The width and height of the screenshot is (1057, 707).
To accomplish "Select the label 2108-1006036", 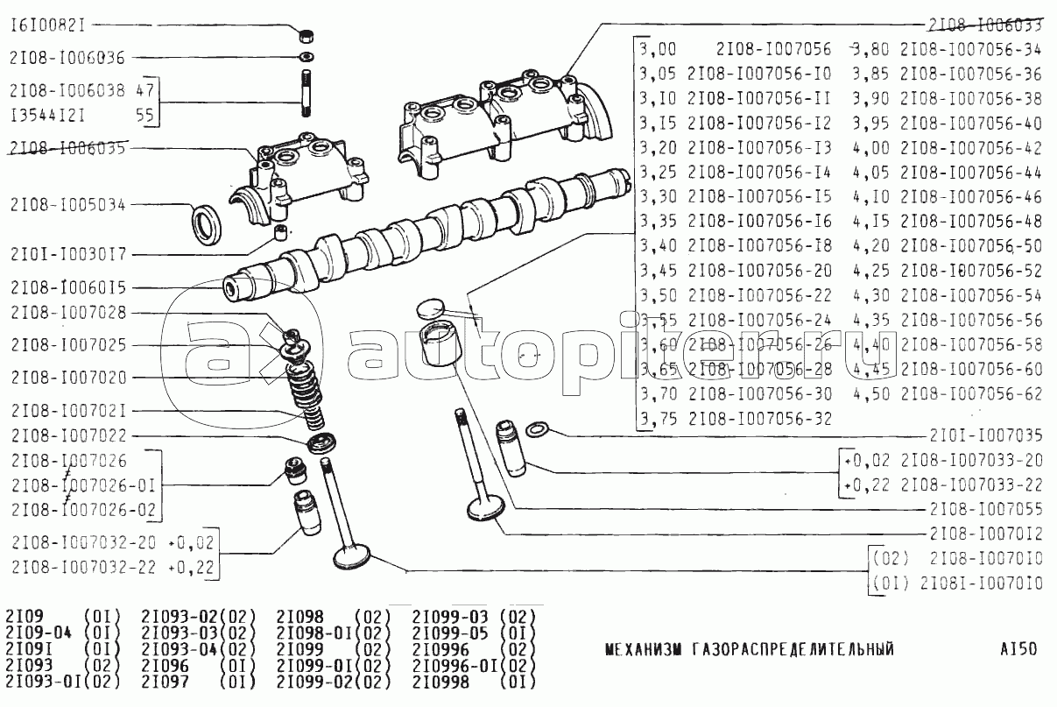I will pyautogui.click(x=67, y=58).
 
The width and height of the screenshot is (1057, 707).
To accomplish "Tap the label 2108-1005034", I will pyautogui.click(x=67, y=204).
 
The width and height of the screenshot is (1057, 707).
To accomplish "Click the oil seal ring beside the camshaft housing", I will pyautogui.click(x=208, y=224).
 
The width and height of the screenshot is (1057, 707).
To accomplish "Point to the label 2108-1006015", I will pyautogui.click(x=67, y=287).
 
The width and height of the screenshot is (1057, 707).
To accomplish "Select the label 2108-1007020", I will pyautogui.click(x=67, y=378).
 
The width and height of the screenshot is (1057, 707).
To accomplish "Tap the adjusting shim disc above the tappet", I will pyautogui.click(x=431, y=308).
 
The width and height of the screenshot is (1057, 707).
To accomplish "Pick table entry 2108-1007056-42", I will pyautogui.click(x=971, y=147).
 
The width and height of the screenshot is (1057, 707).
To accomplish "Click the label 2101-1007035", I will pyautogui.click(x=986, y=435).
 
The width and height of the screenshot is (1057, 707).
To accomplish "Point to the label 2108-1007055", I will pyautogui.click(x=986, y=509).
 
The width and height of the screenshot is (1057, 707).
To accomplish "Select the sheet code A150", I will pyautogui.click(x=1018, y=649).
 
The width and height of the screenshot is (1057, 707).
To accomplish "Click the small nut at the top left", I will pyautogui.click(x=307, y=38).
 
